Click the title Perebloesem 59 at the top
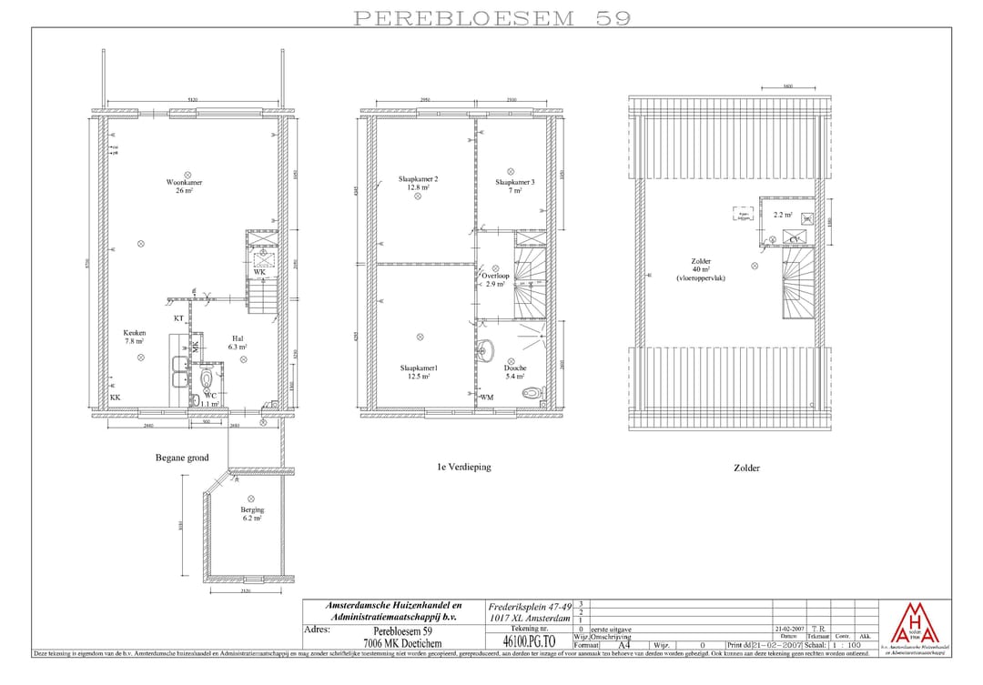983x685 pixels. point(491,17)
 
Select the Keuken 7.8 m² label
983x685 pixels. point(134,337)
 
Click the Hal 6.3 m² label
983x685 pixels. point(238,342)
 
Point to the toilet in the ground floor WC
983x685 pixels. point(207,378)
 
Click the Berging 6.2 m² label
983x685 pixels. point(252,514)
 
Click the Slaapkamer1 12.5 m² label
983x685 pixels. point(418,372)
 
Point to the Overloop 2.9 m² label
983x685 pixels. point(496,279)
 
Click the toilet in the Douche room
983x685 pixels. point(532,394)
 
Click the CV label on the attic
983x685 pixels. point(795,239)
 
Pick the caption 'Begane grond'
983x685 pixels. point(182,458)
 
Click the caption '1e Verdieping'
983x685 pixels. point(463,467)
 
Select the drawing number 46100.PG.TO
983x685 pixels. point(529,641)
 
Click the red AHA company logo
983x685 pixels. point(913,624)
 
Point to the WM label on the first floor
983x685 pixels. point(487,398)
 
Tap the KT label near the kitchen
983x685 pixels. point(179,318)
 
